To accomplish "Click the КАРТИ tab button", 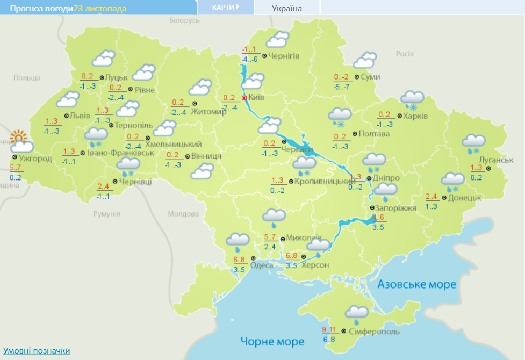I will (x=225, y=7).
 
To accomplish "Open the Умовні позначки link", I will (x=37, y=351).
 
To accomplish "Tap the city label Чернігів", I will (x=284, y=56).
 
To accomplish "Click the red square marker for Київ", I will (x=244, y=98).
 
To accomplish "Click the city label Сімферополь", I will (x=374, y=332).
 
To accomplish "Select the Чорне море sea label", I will (x=272, y=341).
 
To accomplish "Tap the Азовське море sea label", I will (x=416, y=284).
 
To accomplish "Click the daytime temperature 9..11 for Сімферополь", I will (x=329, y=329).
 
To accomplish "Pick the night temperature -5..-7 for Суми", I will (x=341, y=87).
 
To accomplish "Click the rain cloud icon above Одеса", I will (x=237, y=241).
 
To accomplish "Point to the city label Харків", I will (x=416, y=116).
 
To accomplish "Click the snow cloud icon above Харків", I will (x=413, y=98).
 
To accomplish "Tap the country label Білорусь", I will (x=184, y=20).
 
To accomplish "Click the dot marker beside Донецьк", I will (x=444, y=198).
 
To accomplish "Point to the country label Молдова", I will (x=183, y=214).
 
